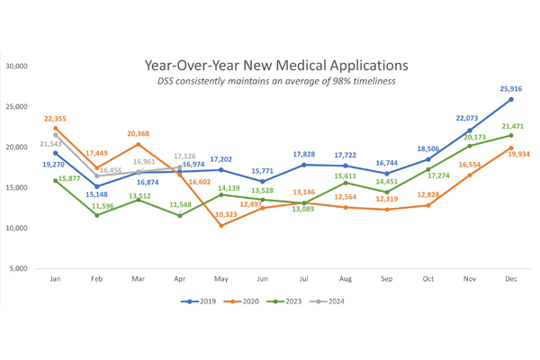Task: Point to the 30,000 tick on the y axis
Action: tap(18, 67)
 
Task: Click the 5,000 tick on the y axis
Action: tap(21, 269)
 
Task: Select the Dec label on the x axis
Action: tap(511, 279)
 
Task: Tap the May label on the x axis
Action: tap(221, 279)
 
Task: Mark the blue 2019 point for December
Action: tap(511, 100)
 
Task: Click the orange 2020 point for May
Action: tap(221, 225)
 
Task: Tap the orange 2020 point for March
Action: tap(139, 144)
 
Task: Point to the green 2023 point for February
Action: tap(97, 215)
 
